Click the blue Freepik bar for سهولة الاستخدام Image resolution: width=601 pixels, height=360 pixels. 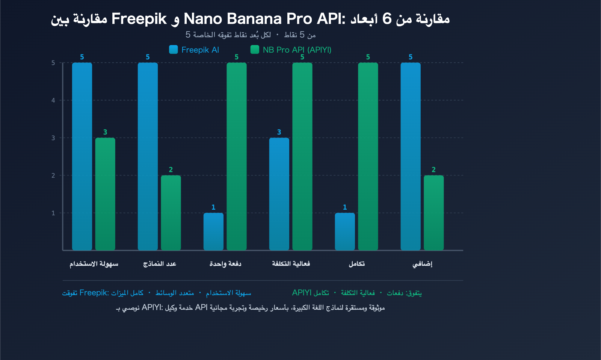(82, 156)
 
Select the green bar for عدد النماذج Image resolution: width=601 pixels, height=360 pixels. (171, 212)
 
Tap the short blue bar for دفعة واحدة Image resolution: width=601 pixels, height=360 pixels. (213, 231)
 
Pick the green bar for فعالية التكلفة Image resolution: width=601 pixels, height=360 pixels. (302, 156)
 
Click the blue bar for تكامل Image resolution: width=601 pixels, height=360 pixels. (345, 231)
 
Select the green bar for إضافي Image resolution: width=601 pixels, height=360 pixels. (434, 212)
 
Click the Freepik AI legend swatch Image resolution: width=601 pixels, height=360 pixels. (173, 50)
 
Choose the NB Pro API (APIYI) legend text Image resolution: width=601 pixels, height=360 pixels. (297, 50)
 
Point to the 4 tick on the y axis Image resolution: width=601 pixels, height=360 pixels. (53, 100)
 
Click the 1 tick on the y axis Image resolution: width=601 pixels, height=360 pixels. (53, 213)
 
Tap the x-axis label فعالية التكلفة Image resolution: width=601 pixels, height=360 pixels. (291, 264)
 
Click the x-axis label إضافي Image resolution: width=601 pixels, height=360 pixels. (423, 264)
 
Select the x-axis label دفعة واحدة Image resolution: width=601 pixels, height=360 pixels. (225, 264)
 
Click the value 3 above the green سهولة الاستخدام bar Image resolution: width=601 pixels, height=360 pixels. (105, 132)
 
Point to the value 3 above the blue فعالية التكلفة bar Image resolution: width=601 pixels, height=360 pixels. (279, 132)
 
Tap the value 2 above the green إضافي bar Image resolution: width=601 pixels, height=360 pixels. (434, 170)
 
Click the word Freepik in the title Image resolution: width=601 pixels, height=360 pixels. (139, 19)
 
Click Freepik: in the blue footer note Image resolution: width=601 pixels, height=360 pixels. (94, 293)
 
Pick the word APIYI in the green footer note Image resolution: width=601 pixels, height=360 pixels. (302, 293)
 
